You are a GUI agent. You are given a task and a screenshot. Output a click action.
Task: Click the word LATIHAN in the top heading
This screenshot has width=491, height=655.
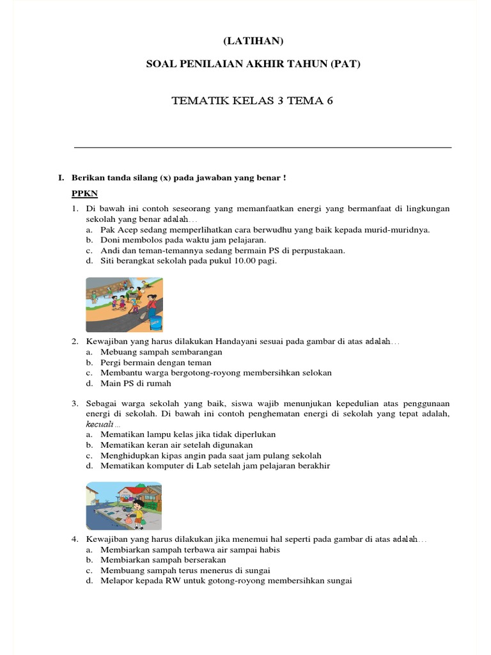tap(253, 41)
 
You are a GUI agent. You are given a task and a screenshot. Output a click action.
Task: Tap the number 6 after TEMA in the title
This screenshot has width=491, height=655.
tap(330, 100)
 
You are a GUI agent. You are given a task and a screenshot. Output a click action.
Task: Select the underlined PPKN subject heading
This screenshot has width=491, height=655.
tap(84, 194)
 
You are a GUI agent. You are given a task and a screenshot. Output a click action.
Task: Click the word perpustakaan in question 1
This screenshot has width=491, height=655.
tap(315, 251)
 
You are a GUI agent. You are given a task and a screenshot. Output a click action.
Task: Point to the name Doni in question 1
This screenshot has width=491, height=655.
tap(110, 241)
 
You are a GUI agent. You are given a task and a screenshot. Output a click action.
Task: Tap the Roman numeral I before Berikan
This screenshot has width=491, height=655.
tap(59, 177)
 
